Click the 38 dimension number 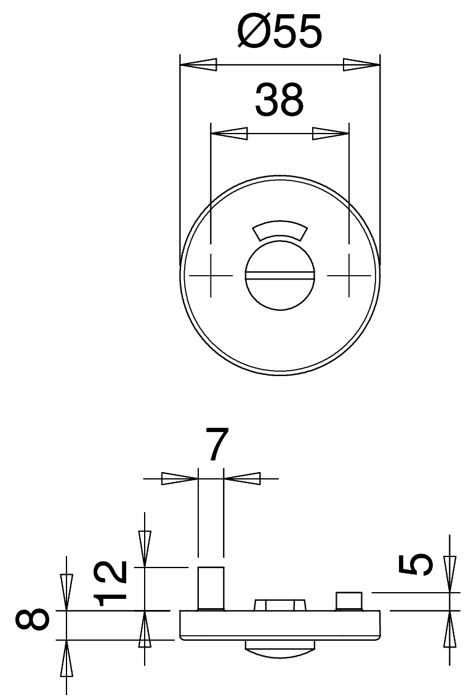click(x=279, y=99)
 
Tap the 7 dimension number click(x=217, y=444)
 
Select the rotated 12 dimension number click(x=111, y=584)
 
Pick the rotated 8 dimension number click(x=32, y=625)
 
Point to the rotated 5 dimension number click(x=416, y=564)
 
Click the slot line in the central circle click(x=280, y=276)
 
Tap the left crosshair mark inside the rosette click(x=211, y=276)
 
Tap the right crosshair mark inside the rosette click(x=350, y=276)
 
